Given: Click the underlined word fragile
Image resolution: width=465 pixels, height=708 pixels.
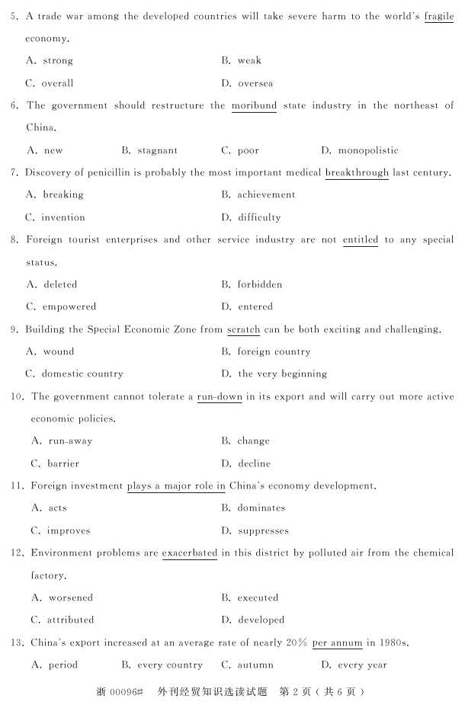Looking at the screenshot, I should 438,16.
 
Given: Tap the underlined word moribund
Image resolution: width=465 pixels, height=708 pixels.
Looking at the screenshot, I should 254,106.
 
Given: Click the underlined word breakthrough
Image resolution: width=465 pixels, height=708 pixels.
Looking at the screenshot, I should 356,173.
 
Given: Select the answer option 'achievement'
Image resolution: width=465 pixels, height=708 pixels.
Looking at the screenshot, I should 266,195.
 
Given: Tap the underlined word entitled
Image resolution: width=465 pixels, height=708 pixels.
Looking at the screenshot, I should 360,240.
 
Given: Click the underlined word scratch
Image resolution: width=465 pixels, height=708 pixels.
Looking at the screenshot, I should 243,330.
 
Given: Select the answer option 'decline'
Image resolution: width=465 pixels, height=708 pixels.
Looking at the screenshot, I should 254,463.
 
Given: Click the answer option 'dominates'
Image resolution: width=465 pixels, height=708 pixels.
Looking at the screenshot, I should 261,508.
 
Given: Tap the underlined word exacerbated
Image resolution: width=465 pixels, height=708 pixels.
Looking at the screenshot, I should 190,553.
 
